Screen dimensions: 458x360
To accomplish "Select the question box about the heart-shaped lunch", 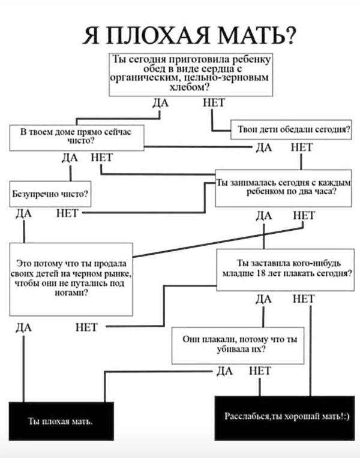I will pyautogui.click(x=191, y=74).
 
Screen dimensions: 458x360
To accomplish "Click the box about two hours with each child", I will pyautogui.click(x=284, y=188).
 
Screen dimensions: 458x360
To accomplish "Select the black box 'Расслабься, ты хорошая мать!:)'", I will pyautogui.click(x=284, y=417).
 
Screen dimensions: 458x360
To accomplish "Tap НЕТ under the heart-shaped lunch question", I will pyautogui.click(x=214, y=104).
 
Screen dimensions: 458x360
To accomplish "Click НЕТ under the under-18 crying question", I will pyautogui.click(x=304, y=299).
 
